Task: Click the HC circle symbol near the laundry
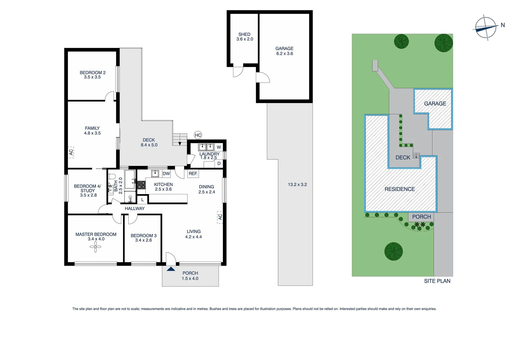click(x=198, y=135)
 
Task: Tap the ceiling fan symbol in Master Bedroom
click(x=96, y=247)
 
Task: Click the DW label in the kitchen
click(x=166, y=174)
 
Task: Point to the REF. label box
click(x=193, y=174)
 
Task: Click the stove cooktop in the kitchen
click(x=141, y=185)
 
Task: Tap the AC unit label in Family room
click(x=71, y=152)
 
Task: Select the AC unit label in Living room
click(x=220, y=217)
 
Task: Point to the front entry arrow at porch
click(x=171, y=269)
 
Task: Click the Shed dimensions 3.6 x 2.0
click(x=245, y=39)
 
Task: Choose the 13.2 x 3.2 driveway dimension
click(x=297, y=184)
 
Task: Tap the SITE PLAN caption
click(x=437, y=281)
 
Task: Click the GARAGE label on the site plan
click(x=435, y=104)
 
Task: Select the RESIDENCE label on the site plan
click(x=400, y=189)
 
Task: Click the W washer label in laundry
click(x=219, y=147)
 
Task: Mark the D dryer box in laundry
click(x=219, y=163)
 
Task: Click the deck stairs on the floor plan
click(x=180, y=139)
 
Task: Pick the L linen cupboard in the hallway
click(x=143, y=200)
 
